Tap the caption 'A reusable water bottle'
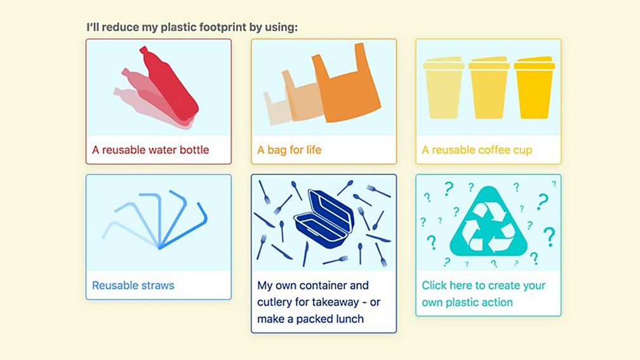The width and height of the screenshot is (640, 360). pos(150,150)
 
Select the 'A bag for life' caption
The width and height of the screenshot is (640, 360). pos(290,150)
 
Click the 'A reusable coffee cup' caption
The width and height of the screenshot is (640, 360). pos(477,150)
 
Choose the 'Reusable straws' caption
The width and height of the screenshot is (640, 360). pos(133,286)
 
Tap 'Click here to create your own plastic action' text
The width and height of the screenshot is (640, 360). pos(483,294)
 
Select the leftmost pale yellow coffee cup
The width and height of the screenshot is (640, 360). pos(444,89)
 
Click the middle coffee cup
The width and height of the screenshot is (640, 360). pos(489,89)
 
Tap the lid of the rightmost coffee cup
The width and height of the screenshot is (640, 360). pos(535,63)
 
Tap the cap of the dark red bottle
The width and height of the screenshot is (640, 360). pos(144,50)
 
